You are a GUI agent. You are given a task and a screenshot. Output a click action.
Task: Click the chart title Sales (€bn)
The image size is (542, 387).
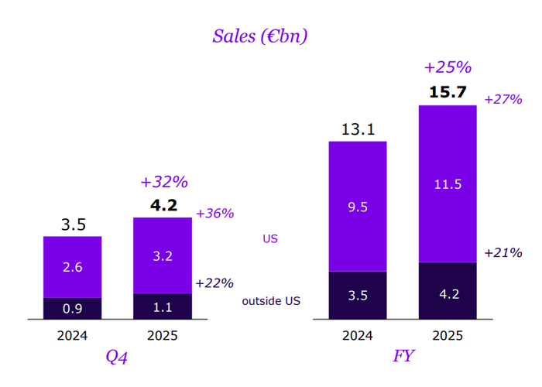pyautogui.click(x=260, y=36)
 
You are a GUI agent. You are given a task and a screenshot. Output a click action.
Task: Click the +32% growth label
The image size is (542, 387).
pyautogui.click(x=163, y=183)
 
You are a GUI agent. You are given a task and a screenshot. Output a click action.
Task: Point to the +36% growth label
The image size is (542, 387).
pyautogui.click(x=214, y=214)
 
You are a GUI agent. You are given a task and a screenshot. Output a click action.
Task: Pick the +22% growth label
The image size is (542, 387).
pyautogui.click(x=214, y=283)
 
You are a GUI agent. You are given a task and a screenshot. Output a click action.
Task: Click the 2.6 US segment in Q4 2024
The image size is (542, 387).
pyautogui.click(x=72, y=266)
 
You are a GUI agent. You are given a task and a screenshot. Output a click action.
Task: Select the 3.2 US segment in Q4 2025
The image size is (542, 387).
pyautogui.click(x=163, y=255)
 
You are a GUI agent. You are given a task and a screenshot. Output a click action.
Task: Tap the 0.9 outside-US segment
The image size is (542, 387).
pyautogui.click(x=72, y=309)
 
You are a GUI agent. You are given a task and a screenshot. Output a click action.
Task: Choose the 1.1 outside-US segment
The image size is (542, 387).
pyautogui.click(x=163, y=307)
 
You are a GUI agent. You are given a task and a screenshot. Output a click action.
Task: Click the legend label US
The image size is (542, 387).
pyautogui.click(x=270, y=239)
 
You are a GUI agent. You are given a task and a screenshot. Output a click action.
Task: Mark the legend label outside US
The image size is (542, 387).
pyautogui.click(x=271, y=300)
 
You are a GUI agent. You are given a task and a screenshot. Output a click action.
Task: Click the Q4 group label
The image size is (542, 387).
pyautogui.click(x=117, y=358)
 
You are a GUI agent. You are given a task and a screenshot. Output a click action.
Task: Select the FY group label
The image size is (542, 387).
pyautogui.click(x=403, y=358)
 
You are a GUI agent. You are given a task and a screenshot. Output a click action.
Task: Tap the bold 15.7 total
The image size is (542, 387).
pyautogui.click(x=448, y=92)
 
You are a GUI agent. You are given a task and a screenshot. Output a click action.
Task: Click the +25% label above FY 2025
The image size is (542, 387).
pyautogui.click(x=448, y=68)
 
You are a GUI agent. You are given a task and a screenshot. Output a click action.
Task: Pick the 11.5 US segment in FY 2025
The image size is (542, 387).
pyautogui.click(x=448, y=184)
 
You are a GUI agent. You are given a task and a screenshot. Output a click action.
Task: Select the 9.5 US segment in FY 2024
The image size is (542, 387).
pyautogui.click(x=358, y=206)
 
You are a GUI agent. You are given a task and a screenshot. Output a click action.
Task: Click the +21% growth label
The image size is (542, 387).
pyautogui.click(x=503, y=252)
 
